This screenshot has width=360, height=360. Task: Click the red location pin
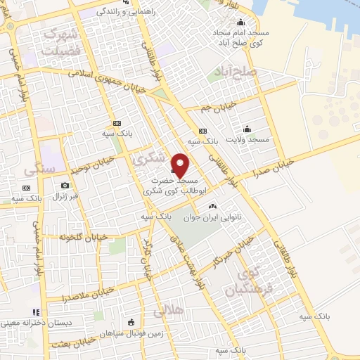click(x=181, y=165)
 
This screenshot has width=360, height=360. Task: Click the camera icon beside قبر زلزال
click(x=65, y=185)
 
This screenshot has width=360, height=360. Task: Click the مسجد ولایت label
click(x=247, y=140)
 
